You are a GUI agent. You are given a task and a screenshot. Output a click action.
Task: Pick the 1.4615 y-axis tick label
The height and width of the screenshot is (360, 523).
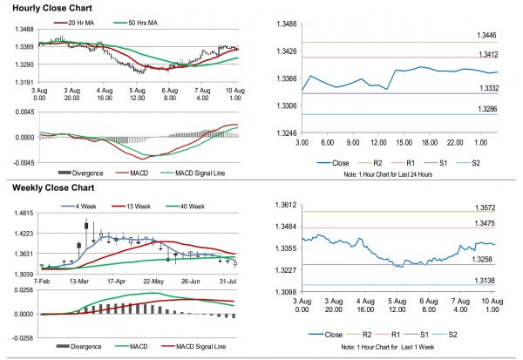23,213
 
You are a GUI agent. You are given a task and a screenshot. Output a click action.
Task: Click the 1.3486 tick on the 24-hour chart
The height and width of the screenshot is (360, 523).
286,24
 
